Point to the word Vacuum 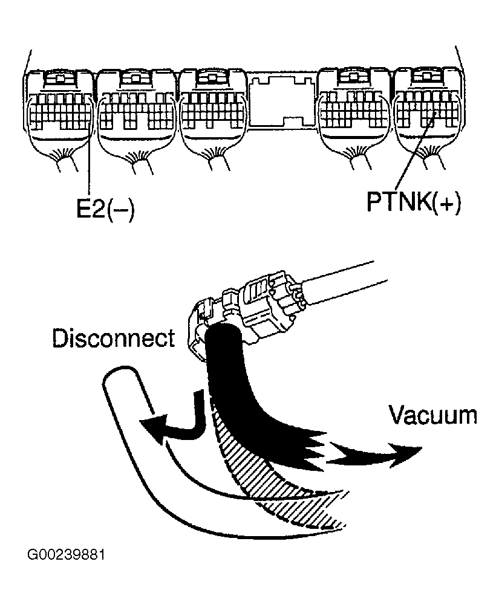tap(432, 415)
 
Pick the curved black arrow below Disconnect tap(175, 423)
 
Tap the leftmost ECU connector tap(60, 112)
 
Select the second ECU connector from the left tap(137, 112)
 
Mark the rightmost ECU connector tap(426, 112)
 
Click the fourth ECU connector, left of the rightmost tap(354, 112)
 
